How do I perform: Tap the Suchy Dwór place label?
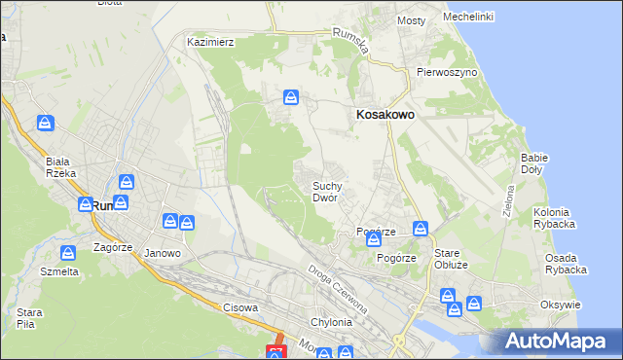(325, 191)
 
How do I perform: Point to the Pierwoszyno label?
(446, 72)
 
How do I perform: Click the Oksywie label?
(560, 305)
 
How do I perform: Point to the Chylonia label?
(329, 323)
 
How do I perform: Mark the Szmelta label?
(60, 271)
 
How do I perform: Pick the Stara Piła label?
(29, 318)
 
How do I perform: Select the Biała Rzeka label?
(60, 167)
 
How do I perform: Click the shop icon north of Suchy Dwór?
(291, 97)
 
